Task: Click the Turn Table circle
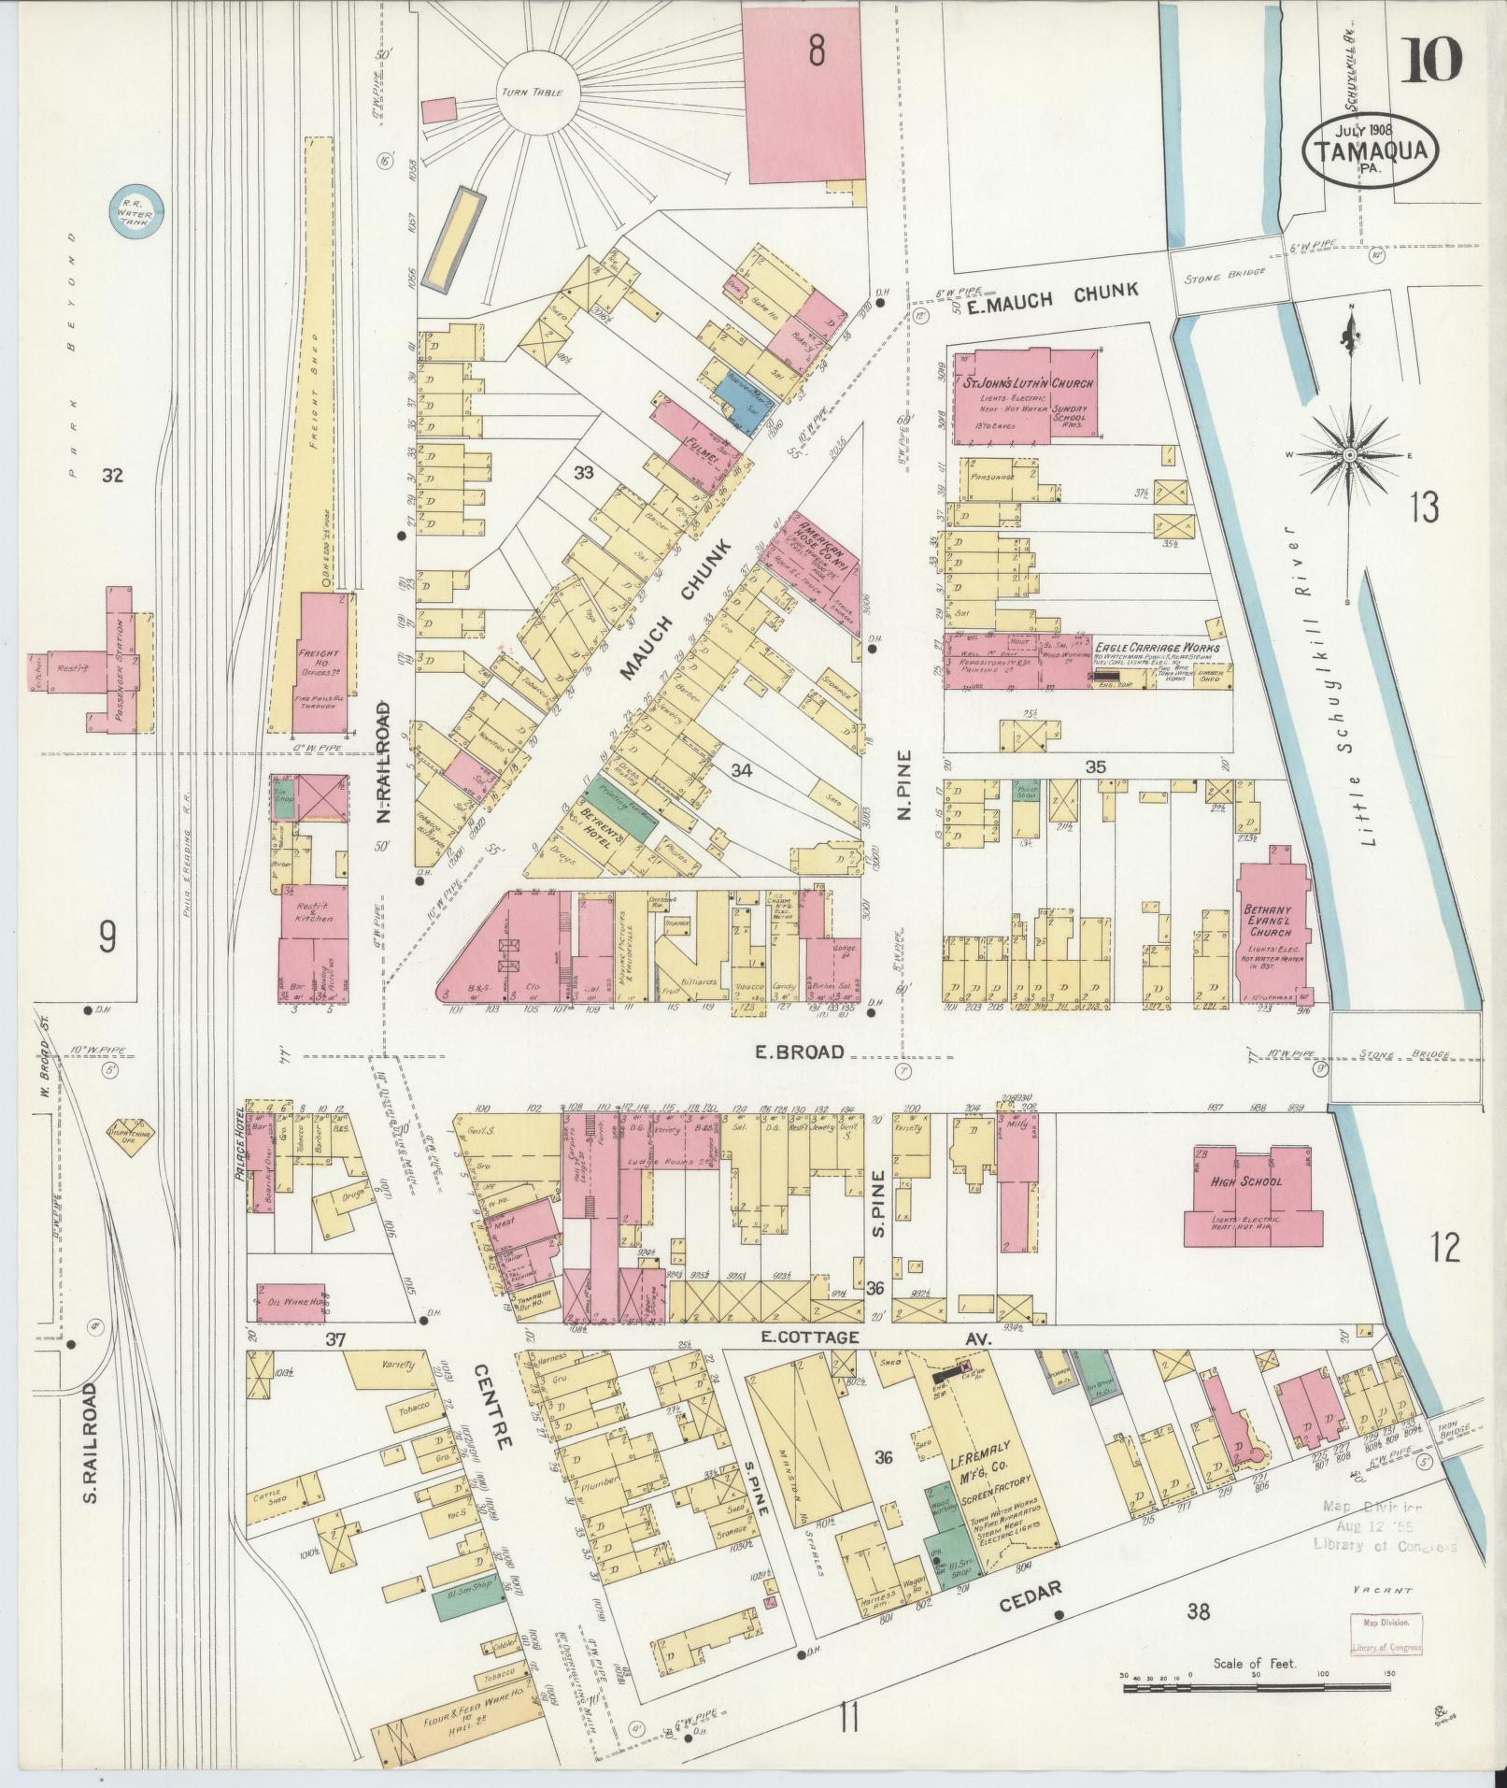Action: pos(537,93)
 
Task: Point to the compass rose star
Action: pos(1349,455)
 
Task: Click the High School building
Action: pos(1253,1195)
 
